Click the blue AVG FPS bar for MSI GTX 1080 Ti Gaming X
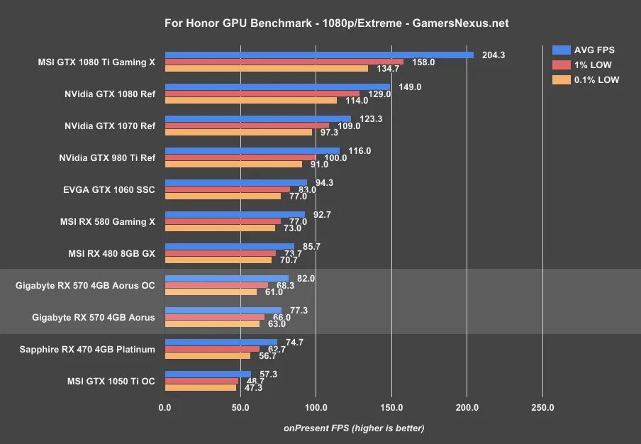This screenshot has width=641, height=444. click(319, 55)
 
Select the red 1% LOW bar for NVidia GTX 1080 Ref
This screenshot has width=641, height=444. click(262, 94)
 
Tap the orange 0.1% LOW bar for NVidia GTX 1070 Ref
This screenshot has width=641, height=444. click(238, 133)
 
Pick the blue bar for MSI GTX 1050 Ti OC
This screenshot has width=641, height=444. click(208, 374)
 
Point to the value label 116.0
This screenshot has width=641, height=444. click(359, 150)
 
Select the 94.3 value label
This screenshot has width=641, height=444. click(326, 182)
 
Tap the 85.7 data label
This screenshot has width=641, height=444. click(313, 246)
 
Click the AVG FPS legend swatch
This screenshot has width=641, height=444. click(562, 50)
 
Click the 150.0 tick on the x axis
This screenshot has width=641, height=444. click(391, 407)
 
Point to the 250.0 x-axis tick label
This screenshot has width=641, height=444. click(542, 407)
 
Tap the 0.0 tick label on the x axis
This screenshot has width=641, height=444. click(165, 407)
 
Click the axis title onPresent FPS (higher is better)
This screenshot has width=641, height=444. click(354, 428)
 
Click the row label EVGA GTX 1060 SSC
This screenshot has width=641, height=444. click(109, 189)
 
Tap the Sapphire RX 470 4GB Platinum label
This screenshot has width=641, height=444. click(87, 349)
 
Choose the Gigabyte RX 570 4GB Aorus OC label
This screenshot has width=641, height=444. click(85, 285)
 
